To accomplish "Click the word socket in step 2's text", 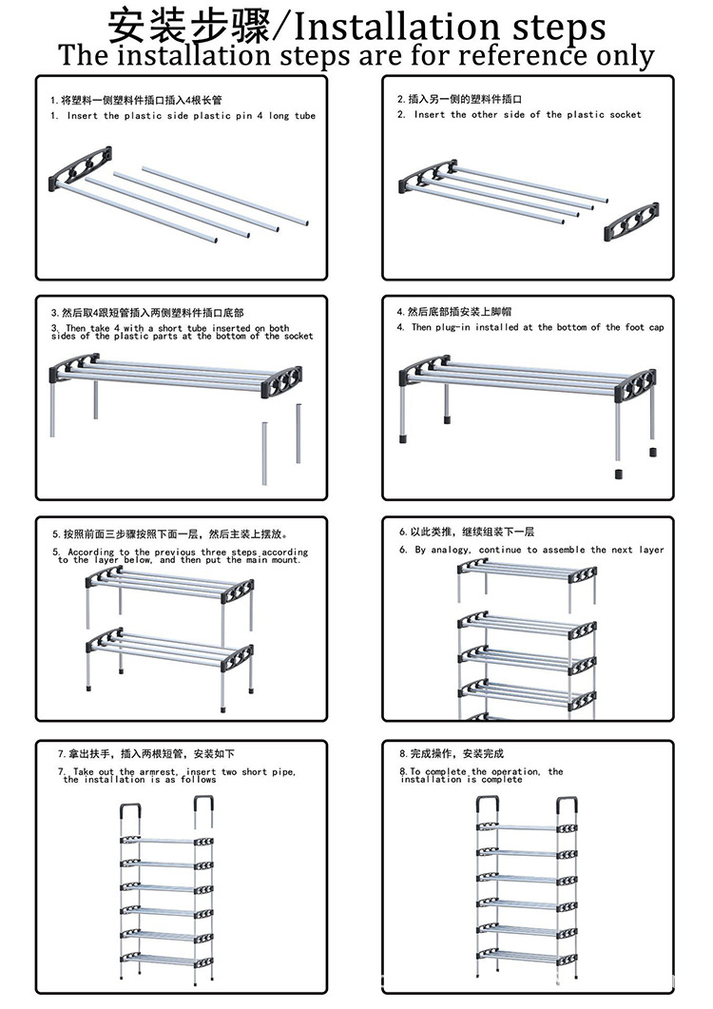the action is (x=626, y=115).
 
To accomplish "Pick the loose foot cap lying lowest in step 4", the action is (x=617, y=474).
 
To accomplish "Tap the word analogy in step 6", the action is (x=451, y=550).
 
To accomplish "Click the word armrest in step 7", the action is (x=163, y=772).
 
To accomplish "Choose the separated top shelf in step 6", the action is (x=527, y=573).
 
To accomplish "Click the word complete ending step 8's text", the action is (x=505, y=780).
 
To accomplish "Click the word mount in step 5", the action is (x=285, y=560).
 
